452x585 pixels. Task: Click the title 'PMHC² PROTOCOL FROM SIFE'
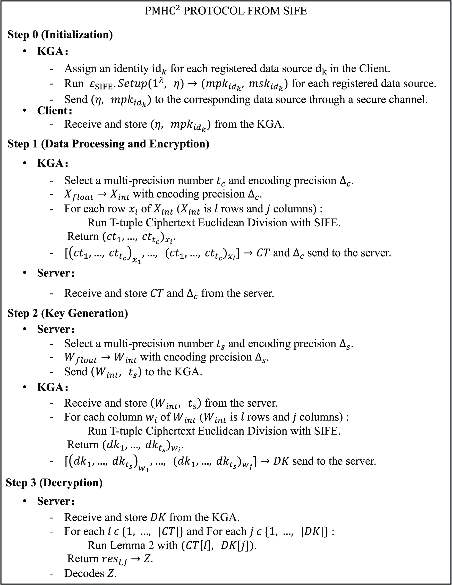[226, 11]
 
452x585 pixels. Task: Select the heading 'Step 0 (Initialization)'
[60, 35]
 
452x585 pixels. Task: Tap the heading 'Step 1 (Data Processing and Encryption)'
[108, 144]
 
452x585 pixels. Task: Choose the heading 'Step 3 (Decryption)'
[54, 483]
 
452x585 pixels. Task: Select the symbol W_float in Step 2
[81, 358]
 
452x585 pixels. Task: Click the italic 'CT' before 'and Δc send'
[263, 253]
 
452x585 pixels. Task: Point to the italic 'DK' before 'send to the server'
[281, 461]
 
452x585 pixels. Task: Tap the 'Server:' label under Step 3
[56, 501]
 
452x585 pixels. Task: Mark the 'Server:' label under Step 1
[56, 273]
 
